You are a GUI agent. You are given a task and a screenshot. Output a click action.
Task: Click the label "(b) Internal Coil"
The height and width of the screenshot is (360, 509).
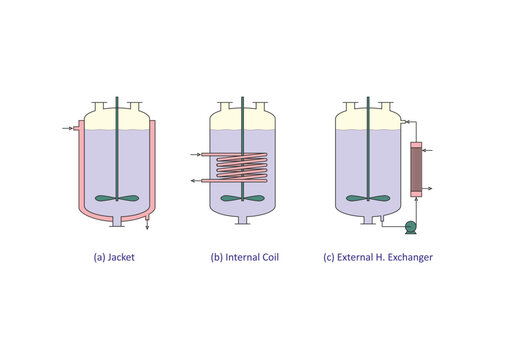click(x=244, y=257)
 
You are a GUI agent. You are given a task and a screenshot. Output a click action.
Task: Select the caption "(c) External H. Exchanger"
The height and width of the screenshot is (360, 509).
click(x=377, y=257)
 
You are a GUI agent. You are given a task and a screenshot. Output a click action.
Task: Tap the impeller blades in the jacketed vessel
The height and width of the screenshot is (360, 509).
click(x=117, y=198)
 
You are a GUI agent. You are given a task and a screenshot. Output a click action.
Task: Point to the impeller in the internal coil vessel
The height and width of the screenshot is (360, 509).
click(x=244, y=198)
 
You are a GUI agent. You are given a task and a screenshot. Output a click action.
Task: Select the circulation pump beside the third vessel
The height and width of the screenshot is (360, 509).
click(x=409, y=227)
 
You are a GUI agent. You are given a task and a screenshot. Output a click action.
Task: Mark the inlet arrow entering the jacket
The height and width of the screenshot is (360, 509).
click(x=67, y=128)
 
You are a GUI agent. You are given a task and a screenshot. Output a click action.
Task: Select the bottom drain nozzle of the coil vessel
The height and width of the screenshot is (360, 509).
click(x=244, y=220)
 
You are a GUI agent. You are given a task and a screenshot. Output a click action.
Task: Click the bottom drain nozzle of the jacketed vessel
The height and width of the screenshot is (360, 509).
click(x=117, y=220)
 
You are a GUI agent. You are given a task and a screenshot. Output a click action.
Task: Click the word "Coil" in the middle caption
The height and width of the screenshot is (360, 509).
click(x=267, y=257)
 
